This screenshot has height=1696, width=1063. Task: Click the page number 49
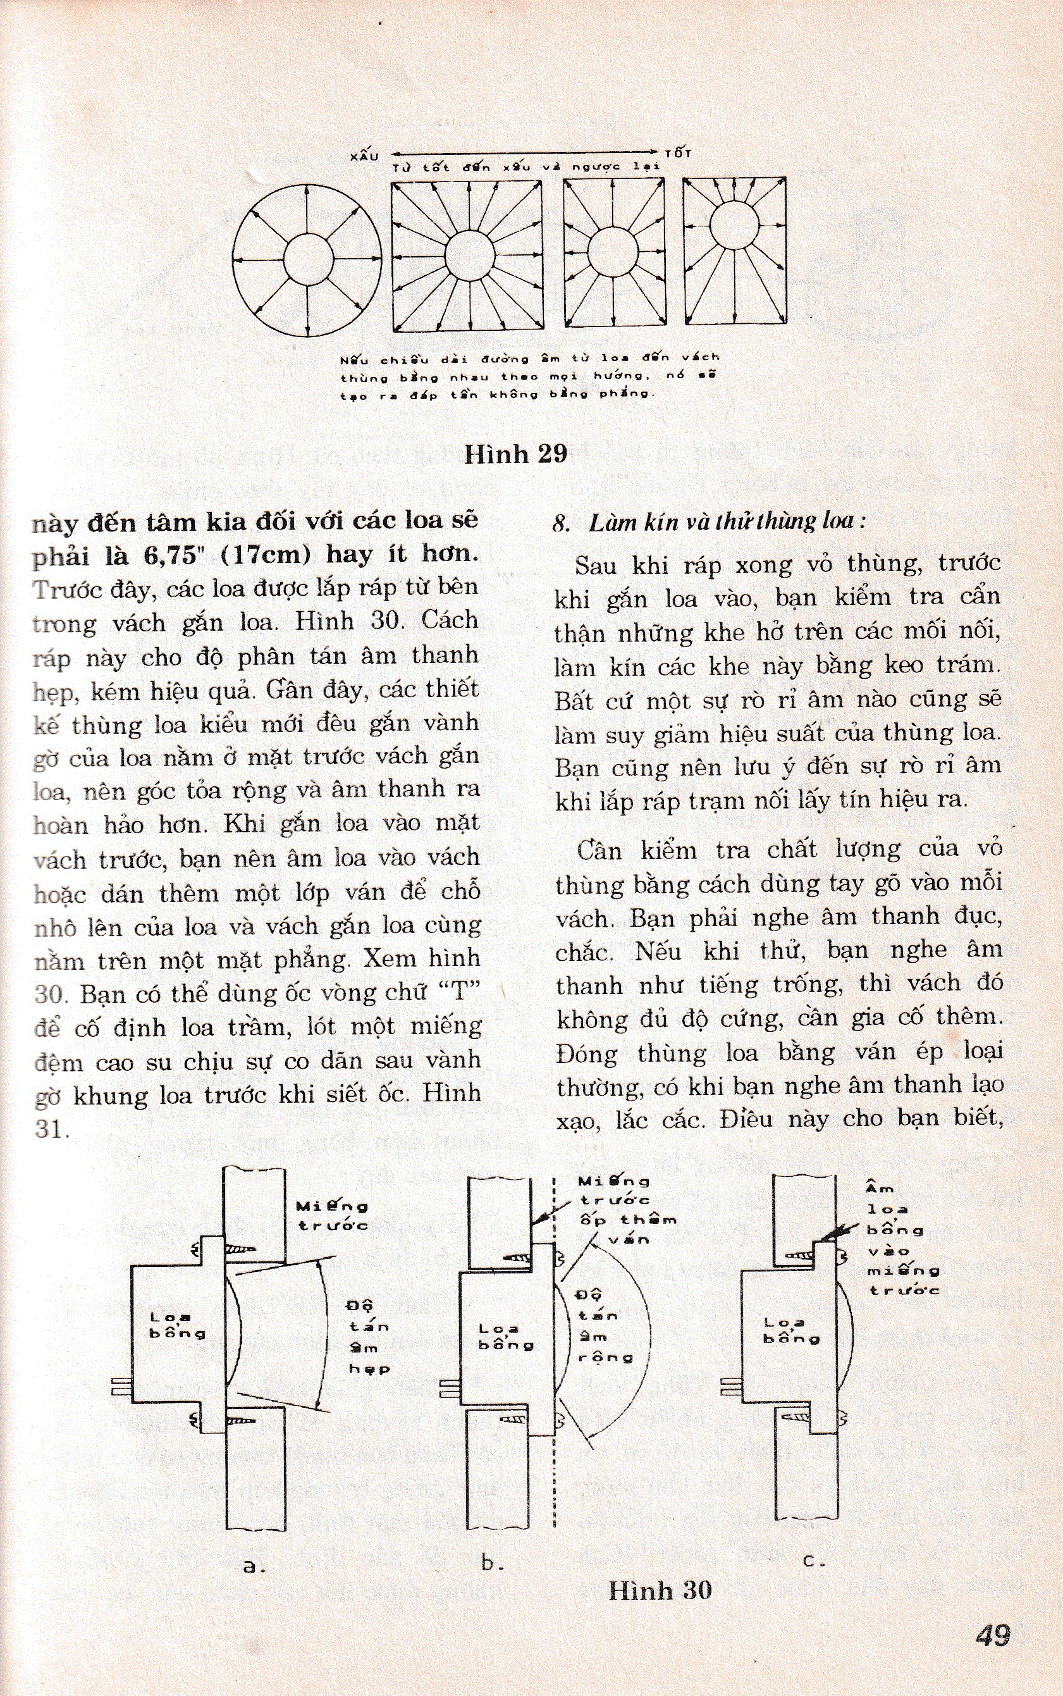coord(993,1631)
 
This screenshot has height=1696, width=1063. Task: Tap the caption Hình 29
coord(515,454)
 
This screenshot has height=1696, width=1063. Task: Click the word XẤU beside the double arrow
coord(364,156)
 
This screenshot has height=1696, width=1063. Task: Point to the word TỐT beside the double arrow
coord(677,152)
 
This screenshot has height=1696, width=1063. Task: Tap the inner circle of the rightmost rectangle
coord(735,225)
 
